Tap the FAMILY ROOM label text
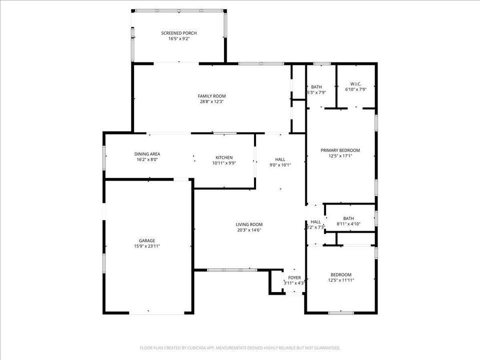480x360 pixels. [x=211, y=96]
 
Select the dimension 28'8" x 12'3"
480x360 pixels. [x=211, y=101]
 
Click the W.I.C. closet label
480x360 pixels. [x=355, y=83]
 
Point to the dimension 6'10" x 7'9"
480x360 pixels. [x=355, y=89]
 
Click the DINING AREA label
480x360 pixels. [x=147, y=154]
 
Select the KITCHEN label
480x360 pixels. [x=224, y=157]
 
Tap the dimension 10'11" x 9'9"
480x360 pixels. [x=224, y=163]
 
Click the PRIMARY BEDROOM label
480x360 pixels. [x=340, y=150]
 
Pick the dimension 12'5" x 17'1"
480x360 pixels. [x=340, y=155]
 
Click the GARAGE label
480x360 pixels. [x=146, y=240]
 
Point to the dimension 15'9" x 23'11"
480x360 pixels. [x=146, y=246]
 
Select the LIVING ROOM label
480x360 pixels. [x=249, y=224]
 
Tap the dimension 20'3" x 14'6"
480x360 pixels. [x=249, y=230]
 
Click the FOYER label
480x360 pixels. [x=294, y=277]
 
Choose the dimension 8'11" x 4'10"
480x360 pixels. [x=348, y=224]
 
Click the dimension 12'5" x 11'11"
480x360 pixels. [x=340, y=280]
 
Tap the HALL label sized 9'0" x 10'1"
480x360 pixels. [x=280, y=159]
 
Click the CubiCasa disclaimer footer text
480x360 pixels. [x=239, y=347]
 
